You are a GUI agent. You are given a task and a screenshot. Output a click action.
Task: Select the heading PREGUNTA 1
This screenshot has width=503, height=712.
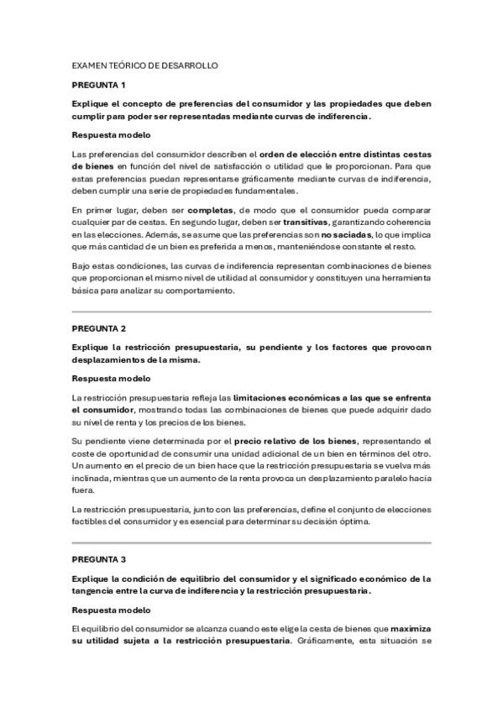pos(98,85)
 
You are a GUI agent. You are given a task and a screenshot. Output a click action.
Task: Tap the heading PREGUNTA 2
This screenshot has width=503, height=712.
pos(98,328)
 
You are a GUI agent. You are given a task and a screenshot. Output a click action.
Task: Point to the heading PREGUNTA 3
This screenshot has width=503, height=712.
pos(98,558)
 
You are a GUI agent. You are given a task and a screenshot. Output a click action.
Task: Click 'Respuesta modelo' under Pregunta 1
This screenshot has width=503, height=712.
pos(111,134)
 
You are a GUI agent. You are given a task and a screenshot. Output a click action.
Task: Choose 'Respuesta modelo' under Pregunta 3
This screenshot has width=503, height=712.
pos(111,610)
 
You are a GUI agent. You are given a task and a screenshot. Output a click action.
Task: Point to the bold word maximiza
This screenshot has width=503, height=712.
pos(410,627)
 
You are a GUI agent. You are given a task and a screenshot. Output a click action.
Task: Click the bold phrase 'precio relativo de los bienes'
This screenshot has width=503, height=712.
pos(296,441)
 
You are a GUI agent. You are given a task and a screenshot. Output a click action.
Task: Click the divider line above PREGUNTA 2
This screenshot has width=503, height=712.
pos(251,311)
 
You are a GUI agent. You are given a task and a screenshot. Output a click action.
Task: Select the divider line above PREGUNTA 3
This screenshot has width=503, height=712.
pos(251,542)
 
